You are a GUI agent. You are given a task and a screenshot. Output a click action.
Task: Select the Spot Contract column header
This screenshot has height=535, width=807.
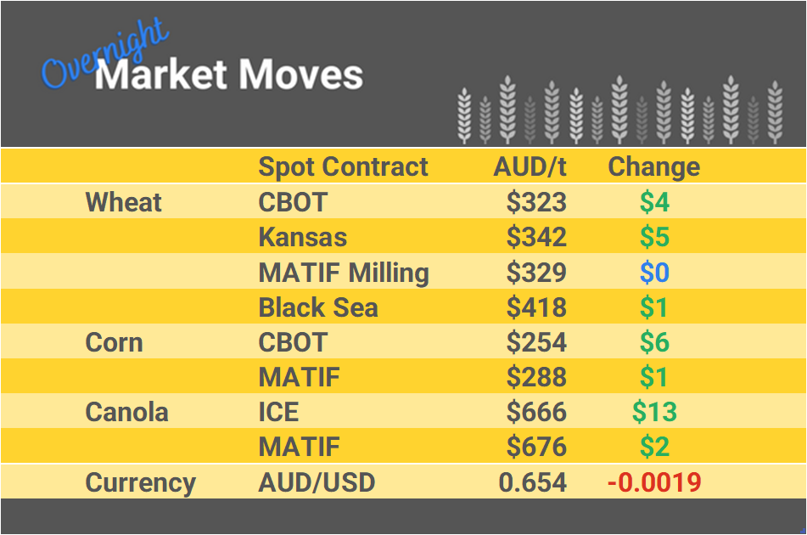[x=343, y=166]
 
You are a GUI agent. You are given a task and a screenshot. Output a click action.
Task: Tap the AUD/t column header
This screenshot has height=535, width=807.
[x=530, y=166]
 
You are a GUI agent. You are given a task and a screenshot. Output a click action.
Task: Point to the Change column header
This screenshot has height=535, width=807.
[x=653, y=166]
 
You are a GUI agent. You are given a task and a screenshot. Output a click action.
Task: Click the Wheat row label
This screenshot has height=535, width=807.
[x=123, y=202]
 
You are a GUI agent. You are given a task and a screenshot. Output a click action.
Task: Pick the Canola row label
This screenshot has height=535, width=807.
[x=126, y=412]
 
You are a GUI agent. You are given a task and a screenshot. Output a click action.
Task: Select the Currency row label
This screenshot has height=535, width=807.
[x=140, y=482]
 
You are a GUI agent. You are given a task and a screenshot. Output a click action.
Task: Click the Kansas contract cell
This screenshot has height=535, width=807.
[x=302, y=237]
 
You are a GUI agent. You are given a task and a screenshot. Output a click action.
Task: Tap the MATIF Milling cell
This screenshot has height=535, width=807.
[x=343, y=273]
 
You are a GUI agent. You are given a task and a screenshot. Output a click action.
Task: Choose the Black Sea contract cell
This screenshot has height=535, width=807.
[x=317, y=307]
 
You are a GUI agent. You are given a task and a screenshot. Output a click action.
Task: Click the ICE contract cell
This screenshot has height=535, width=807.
[x=278, y=412]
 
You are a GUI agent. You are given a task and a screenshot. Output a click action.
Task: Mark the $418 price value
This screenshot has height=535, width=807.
[x=535, y=307]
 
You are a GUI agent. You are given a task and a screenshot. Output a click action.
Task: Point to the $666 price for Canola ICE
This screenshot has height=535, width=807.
[x=535, y=412]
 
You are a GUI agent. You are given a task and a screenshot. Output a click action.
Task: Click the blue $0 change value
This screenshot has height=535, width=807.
[x=654, y=273]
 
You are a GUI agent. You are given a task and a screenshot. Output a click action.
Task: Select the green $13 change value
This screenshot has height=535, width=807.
[x=654, y=412]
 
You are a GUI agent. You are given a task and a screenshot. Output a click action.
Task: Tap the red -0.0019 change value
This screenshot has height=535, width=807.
[x=654, y=482]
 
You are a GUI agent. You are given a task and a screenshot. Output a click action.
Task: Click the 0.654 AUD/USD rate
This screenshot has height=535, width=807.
[x=532, y=482]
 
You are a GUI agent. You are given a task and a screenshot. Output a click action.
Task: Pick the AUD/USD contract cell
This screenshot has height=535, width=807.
[x=316, y=482]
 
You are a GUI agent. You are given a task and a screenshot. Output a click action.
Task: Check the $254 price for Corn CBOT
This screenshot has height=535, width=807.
[x=535, y=342]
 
